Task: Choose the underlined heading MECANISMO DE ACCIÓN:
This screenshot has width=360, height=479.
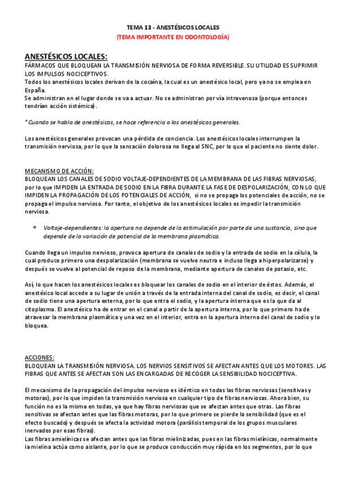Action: (x=59, y=171)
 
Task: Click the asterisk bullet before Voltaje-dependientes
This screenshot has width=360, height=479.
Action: (x=34, y=228)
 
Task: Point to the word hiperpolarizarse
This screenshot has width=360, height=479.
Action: (x=278, y=260)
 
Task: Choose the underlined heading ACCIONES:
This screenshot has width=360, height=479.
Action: (x=40, y=358)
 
